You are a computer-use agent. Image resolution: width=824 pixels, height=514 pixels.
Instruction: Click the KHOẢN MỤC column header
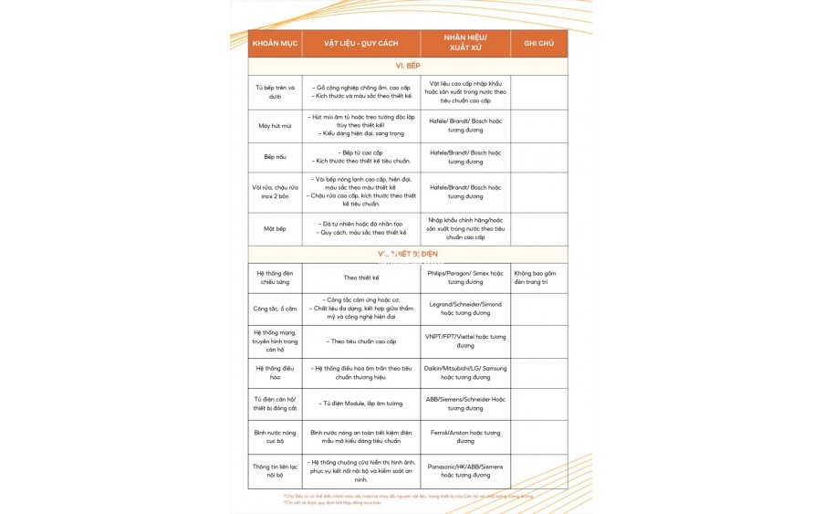[275, 44]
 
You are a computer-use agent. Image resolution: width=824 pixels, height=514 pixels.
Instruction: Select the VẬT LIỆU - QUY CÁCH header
[360, 44]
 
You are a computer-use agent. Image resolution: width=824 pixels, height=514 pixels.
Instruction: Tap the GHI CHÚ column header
[538, 44]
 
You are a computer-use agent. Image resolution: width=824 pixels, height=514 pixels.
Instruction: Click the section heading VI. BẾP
[407, 66]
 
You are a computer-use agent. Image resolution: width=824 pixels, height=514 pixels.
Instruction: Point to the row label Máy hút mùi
[275, 126]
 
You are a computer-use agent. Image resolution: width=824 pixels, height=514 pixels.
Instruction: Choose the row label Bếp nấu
[275, 157]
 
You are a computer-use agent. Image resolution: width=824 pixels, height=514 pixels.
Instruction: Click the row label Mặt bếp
[275, 229]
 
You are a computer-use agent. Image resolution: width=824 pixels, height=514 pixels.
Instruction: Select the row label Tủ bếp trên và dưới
[275, 92]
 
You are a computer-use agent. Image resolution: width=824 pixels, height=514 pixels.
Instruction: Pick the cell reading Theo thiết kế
[360, 278]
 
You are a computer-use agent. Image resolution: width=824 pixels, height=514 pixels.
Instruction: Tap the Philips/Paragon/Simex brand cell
[465, 278]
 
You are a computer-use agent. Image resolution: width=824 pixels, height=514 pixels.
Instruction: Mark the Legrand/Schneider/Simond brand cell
[465, 309]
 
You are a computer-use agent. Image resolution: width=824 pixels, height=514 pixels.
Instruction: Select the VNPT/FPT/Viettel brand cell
[465, 341]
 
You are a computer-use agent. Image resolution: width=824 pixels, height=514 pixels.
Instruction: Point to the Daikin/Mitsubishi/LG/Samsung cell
[465, 372]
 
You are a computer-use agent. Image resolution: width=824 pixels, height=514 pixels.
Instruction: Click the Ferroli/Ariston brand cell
[465, 437]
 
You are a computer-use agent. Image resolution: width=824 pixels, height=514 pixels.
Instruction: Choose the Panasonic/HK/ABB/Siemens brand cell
[465, 471]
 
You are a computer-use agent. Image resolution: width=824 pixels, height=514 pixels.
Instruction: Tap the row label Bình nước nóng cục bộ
[275, 437]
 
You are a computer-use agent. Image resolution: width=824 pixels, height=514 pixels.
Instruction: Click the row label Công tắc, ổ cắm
[275, 309]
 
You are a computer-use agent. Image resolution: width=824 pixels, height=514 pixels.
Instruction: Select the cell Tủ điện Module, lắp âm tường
[361, 404]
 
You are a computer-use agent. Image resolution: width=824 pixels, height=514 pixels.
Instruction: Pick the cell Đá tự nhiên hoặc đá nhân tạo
[361, 224]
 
